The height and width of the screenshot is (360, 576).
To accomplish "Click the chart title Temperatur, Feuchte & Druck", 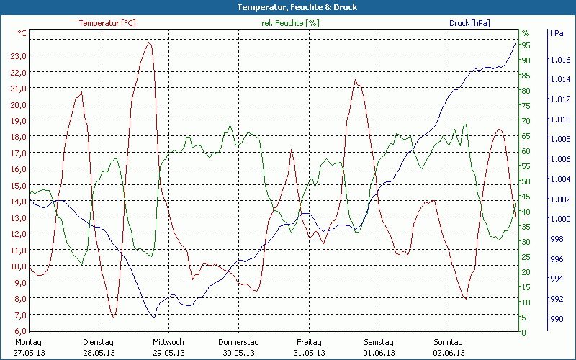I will tap(287, 7).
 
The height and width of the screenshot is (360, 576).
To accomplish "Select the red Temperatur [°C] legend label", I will tap(107, 23).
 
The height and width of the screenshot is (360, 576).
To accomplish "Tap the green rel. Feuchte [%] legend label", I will tap(290, 23).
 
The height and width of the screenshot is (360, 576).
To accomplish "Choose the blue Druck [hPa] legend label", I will tap(469, 23).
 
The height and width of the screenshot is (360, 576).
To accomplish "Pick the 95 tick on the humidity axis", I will tap(526, 45).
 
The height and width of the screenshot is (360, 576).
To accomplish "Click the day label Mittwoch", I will tap(168, 342).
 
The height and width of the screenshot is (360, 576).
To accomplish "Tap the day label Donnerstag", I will tap(238, 342).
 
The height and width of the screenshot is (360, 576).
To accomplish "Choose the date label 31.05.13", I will tap(310, 353).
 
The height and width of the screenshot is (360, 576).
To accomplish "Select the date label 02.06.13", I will tap(449, 353).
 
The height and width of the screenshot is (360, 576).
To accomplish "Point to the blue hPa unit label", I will tap(557, 33).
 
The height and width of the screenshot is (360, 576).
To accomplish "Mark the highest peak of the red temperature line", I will tap(150, 43).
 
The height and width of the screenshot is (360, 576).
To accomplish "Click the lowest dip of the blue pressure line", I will tap(153, 317).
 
